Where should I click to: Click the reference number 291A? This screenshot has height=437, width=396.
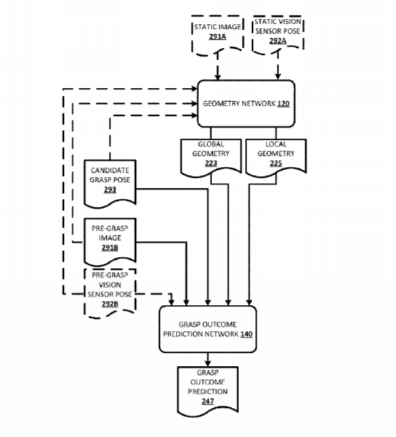[x=217, y=36]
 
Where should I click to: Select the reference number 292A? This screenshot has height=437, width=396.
[x=278, y=41]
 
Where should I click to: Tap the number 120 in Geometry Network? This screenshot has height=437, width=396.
[x=283, y=104]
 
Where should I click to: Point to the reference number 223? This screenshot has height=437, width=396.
[x=211, y=163]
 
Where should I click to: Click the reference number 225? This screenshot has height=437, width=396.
[x=276, y=163]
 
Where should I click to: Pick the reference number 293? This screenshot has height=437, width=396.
[x=110, y=189]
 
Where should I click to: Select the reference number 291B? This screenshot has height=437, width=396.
[x=110, y=248]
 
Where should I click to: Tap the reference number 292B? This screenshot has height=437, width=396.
[x=110, y=304]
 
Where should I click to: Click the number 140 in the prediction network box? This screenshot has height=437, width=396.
[x=246, y=334]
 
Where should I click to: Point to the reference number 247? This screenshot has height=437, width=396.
[x=208, y=401]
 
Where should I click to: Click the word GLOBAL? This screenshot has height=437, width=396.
[x=211, y=144]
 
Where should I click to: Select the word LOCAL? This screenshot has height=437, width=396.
[x=276, y=144]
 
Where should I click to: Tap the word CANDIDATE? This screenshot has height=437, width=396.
[x=110, y=171]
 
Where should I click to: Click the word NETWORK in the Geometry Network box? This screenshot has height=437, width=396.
[x=258, y=104]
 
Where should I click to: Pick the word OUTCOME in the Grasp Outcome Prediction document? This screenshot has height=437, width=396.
[x=208, y=382]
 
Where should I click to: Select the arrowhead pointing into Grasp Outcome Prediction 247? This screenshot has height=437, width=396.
[x=208, y=363]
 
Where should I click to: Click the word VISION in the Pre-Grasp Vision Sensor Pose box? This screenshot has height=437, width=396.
[x=110, y=285]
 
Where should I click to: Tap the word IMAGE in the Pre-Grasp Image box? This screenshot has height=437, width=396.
[x=110, y=238]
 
